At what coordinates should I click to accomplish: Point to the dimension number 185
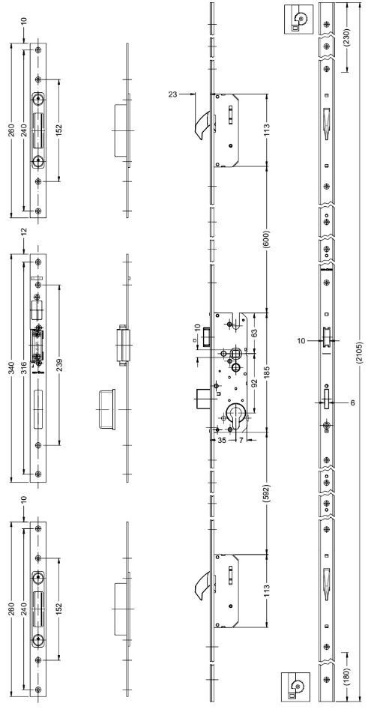pyautogui.click(x=267, y=370)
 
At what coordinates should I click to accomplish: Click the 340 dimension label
pyautogui.click(x=12, y=367)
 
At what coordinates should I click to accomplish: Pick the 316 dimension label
pyautogui.click(x=24, y=368)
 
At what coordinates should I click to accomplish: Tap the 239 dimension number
pyautogui.click(x=58, y=366)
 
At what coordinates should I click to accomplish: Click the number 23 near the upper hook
pyautogui.click(x=172, y=94)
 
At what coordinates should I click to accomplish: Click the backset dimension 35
pyautogui.click(x=222, y=439)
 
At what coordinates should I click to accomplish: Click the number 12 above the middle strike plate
pyautogui.click(x=24, y=231)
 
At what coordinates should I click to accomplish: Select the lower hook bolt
pyautogui.click(x=200, y=586)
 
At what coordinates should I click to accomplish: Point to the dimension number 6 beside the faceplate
pyautogui.click(x=352, y=402)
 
